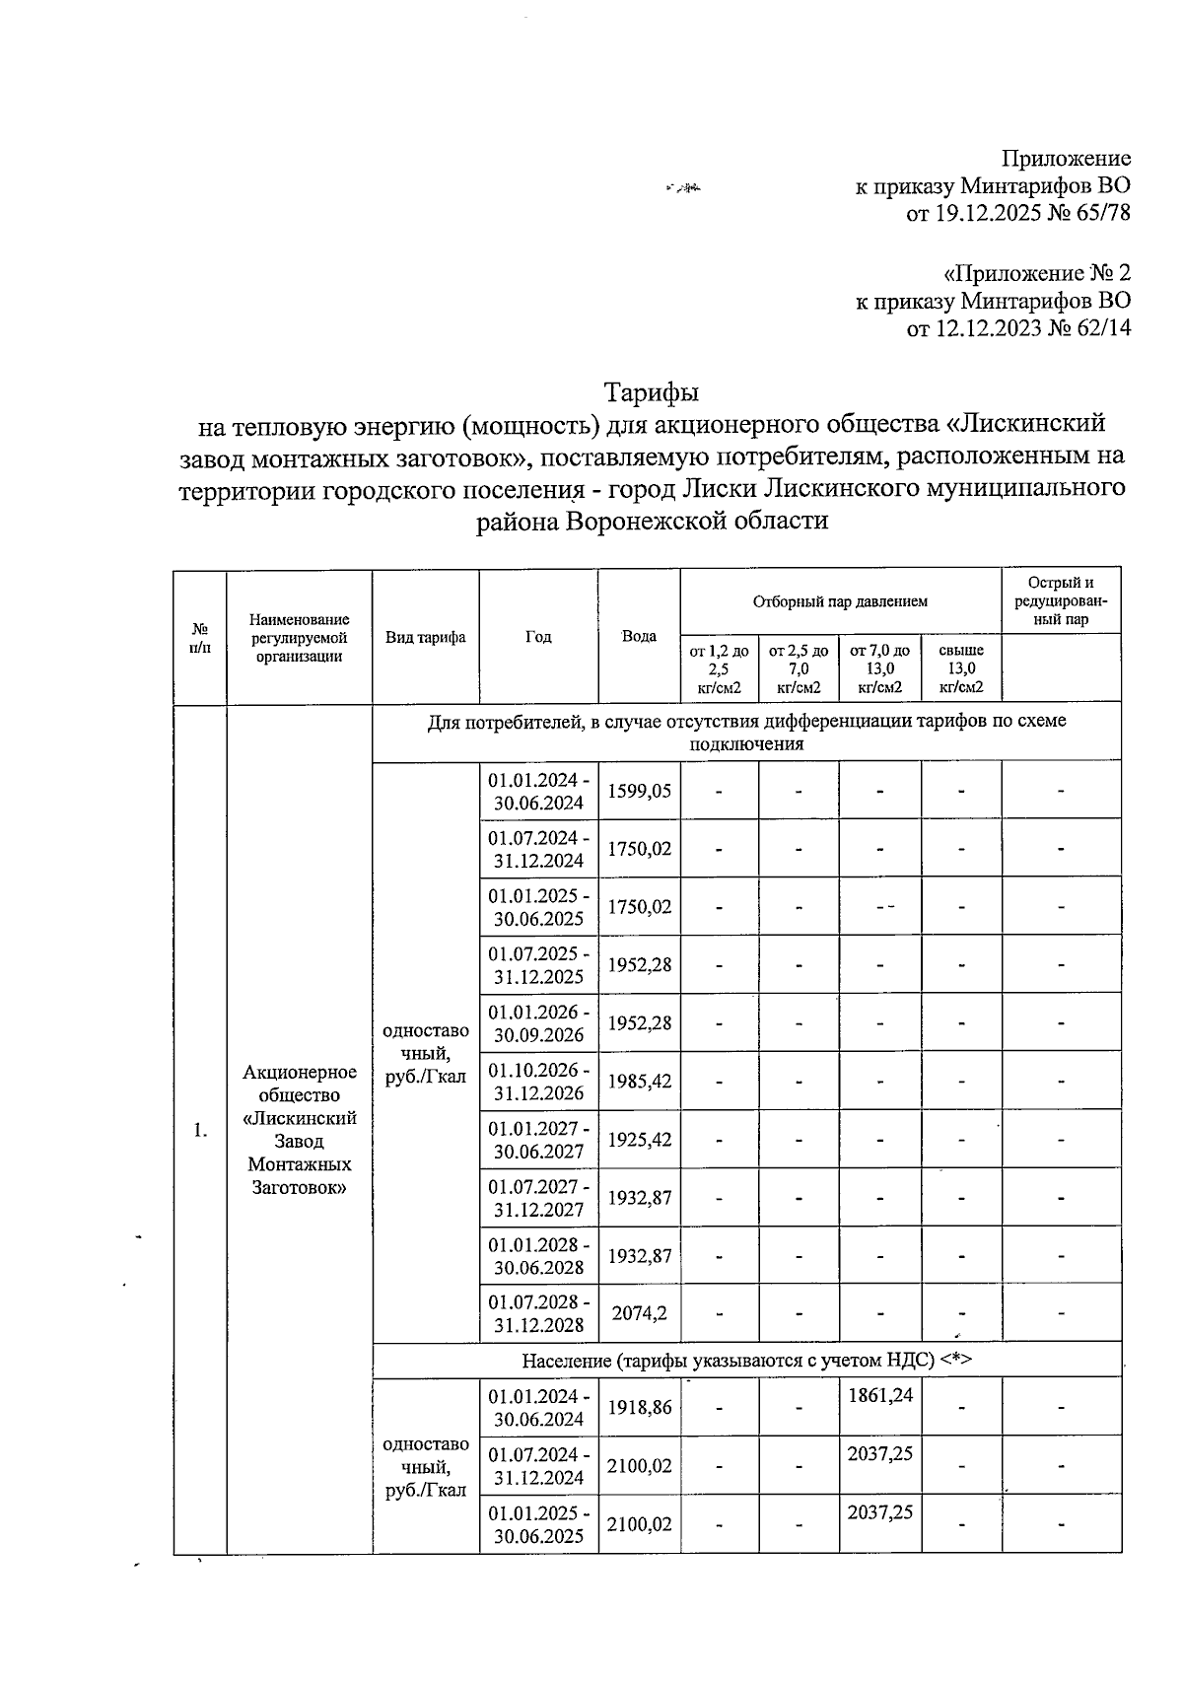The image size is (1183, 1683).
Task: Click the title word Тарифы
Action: (652, 392)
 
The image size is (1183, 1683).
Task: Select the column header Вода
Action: (639, 636)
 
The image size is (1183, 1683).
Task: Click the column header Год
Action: (537, 636)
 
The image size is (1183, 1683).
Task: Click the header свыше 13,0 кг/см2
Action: (961, 668)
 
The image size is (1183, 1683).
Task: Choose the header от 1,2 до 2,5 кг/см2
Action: (719, 668)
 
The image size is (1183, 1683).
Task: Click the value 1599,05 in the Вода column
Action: (639, 791)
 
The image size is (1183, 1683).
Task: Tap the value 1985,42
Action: (639, 1082)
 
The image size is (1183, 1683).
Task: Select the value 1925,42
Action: (639, 1140)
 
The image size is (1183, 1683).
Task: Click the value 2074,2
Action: (639, 1313)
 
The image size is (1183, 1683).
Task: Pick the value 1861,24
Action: (879, 1395)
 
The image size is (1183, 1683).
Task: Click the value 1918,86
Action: (639, 1408)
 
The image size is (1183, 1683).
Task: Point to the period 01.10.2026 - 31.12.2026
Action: (538, 1082)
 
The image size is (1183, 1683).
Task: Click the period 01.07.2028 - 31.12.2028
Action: (538, 1313)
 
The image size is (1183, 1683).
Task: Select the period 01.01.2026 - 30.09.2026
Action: (538, 1023)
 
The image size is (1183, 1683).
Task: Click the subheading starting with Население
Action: (746, 1361)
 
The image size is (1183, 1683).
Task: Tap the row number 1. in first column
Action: (200, 1130)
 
